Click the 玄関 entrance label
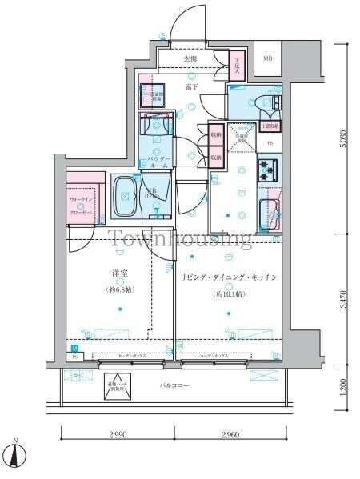pos(190,59)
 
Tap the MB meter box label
pos(267,59)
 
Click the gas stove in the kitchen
pos(268,169)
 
